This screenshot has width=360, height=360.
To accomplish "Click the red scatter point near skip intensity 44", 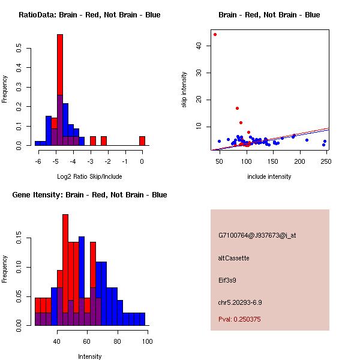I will point(215,34).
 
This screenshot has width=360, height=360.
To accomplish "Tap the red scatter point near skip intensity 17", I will point(238,108).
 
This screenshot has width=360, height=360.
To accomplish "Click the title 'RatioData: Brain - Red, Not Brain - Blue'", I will point(89,14).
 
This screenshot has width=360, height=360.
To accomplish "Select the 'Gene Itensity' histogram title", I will point(89,194).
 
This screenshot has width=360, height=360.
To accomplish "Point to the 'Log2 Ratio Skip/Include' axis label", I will point(89,176).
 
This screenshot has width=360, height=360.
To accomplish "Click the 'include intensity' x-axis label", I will point(269,176).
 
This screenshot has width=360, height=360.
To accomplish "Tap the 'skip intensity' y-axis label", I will point(185,90).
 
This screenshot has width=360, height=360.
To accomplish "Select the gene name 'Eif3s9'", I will point(228,280).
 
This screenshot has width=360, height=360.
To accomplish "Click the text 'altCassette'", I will point(233,257).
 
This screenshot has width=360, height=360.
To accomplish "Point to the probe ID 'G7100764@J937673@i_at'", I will point(257,235).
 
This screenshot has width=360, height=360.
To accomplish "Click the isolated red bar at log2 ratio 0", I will point(142,141).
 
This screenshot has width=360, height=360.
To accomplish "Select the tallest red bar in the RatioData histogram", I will point(60,90).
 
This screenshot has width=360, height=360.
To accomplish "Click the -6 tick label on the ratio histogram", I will point(37,161).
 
